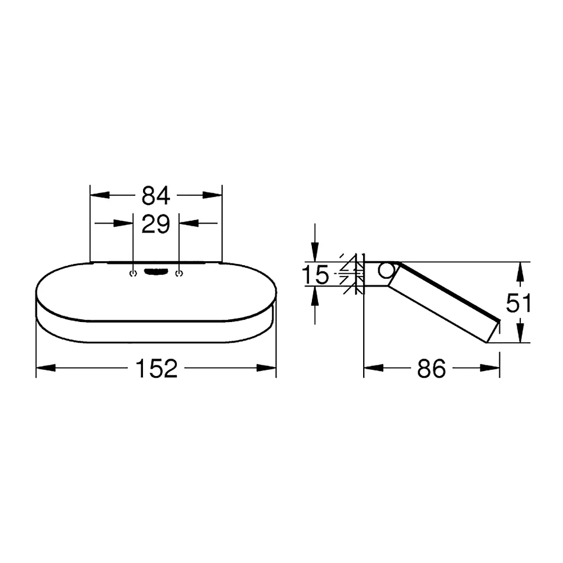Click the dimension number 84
click(155, 196)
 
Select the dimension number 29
click(155, 224)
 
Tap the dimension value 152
click(157, 368)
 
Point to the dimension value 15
click(315, 275)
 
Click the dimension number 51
click(518, 303)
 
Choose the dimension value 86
click(431, 368)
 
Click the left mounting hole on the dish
click(133, 274)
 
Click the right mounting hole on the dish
click(179, 274)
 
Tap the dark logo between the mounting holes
click(156, 272)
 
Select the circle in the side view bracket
click(386, 271)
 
